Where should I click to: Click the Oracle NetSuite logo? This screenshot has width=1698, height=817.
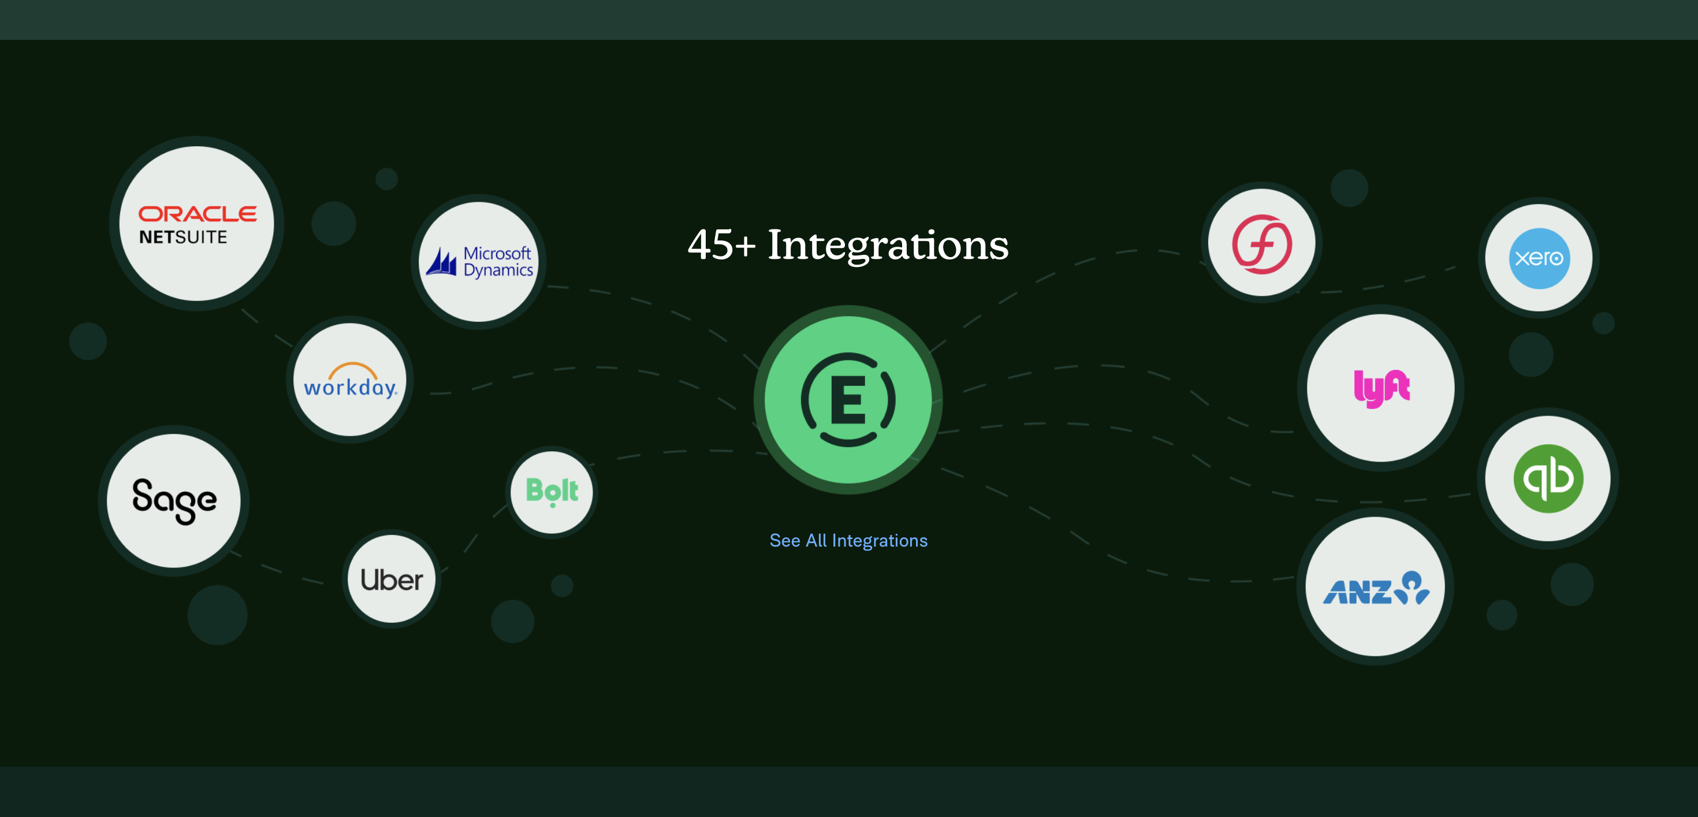tap(197, 224)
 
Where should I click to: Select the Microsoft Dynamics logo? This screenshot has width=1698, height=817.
tap(479, 262)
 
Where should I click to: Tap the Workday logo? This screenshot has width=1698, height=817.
tap(351, 380)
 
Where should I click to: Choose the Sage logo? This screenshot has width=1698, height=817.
tap(174, 500)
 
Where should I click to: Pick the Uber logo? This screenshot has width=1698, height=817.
tap(392, 580)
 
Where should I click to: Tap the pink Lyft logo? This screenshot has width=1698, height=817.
tap(1382, 388)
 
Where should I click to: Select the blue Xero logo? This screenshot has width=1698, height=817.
tap(1540, 258)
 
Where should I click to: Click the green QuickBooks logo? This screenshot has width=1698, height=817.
tap(1548, 479)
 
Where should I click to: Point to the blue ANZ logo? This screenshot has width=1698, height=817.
tap(1376, 588)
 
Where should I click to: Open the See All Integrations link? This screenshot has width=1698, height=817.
tap(848, 541)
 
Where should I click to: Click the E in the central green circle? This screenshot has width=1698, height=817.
tap(848, 400)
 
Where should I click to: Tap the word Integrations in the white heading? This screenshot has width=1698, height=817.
tap(888, 246)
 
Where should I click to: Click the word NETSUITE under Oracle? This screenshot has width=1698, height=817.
tap(183, 237)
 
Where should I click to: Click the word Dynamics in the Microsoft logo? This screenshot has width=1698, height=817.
tap(498, 270)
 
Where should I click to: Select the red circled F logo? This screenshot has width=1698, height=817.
tap(1261, 243)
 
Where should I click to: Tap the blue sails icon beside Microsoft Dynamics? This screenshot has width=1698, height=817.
tap(441, 262)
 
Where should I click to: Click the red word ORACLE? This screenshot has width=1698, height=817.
tap(197, 214)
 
